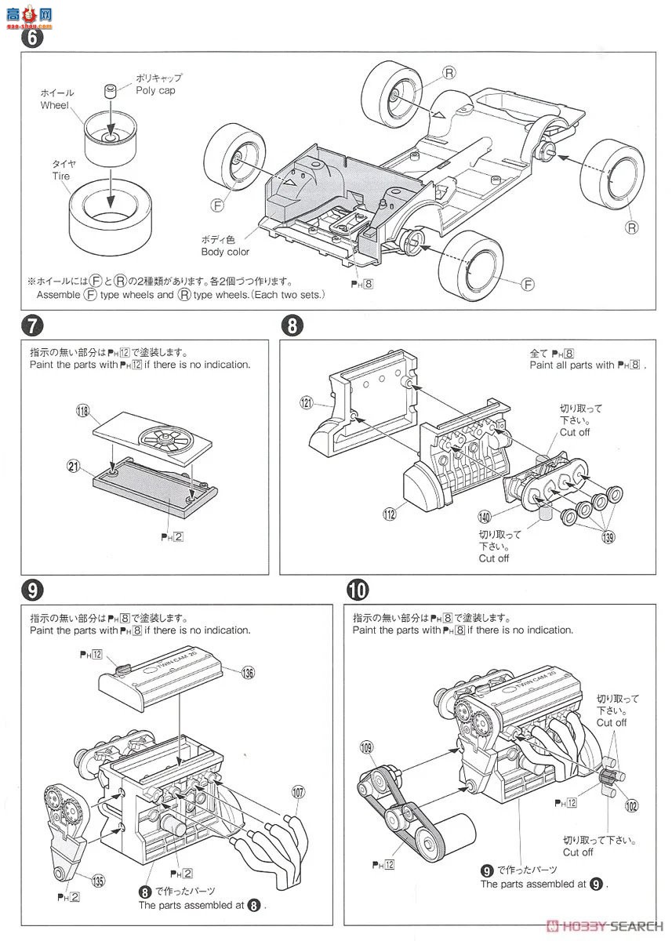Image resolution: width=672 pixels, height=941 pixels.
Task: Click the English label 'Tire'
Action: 60,176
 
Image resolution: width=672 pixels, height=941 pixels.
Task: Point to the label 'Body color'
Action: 225,252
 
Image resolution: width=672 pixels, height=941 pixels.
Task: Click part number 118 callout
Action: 82,410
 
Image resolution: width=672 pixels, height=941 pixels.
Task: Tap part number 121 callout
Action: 306,403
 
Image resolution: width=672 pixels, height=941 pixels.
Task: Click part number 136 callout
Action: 249,672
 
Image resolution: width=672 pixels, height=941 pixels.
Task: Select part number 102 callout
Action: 631,804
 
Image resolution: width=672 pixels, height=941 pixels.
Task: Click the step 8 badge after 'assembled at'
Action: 253,904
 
